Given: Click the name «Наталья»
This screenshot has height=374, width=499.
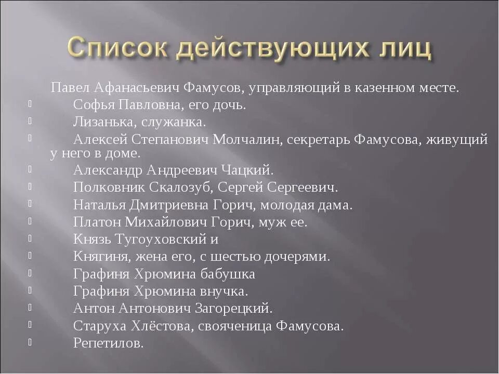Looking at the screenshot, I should [x=99, y=205].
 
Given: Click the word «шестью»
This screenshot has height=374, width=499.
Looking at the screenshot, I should [x=252, y=257].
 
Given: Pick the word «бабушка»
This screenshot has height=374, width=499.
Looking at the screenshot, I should [x=229, y=274].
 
